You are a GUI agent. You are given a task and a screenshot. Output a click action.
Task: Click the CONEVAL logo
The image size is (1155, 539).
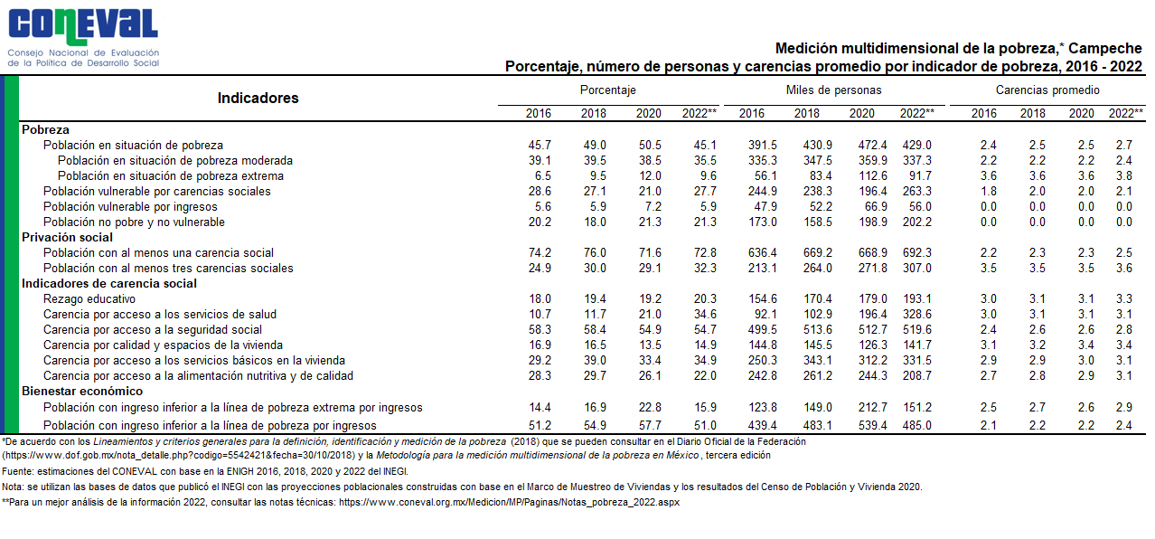tap(83, 37)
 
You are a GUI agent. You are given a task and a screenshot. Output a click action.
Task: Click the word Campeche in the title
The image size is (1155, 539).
tap(1105, 49)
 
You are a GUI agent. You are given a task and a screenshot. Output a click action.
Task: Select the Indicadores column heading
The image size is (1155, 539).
tap(258, 98)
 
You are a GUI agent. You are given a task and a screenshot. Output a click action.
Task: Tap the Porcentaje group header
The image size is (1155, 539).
tap(608, 90)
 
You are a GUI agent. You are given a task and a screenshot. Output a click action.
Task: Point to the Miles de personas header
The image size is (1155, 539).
tap(834, 90)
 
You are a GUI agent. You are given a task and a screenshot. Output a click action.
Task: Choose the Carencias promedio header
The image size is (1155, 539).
tap(1047, 90)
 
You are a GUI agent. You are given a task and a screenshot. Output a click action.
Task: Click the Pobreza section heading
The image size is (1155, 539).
tap(45, 130)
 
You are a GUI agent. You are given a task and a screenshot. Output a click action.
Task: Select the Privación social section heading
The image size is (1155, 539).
tap(67, 237)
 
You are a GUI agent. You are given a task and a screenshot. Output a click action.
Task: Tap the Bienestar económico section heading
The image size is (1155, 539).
tap(82, 391)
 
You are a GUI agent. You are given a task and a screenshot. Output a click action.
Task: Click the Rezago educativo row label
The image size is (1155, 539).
tap(89, 299)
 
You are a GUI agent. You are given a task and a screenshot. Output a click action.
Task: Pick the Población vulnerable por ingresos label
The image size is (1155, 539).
tap(130, 207)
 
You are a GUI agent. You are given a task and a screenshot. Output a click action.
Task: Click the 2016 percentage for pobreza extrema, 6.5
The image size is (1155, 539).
tap(543, 175)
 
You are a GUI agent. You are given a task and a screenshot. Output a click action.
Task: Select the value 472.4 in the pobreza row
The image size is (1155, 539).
tap(872, 146)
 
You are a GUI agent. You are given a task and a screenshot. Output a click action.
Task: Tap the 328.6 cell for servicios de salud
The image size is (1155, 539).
tap(916, 314)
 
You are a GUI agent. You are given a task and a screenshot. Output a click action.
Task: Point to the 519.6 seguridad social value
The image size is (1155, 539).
tap(916, 329)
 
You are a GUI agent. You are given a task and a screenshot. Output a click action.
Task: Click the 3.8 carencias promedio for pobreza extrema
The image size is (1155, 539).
tap(1123, 175)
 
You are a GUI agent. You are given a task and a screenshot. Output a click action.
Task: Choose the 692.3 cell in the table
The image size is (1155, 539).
tap(916, 252)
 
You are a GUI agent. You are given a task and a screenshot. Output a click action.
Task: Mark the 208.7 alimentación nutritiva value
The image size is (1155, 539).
tap(916, 375)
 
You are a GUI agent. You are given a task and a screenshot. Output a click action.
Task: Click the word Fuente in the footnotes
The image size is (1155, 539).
tap(17, 471)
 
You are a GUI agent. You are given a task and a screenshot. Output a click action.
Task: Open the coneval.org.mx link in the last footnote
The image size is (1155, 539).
tap(509, 503)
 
